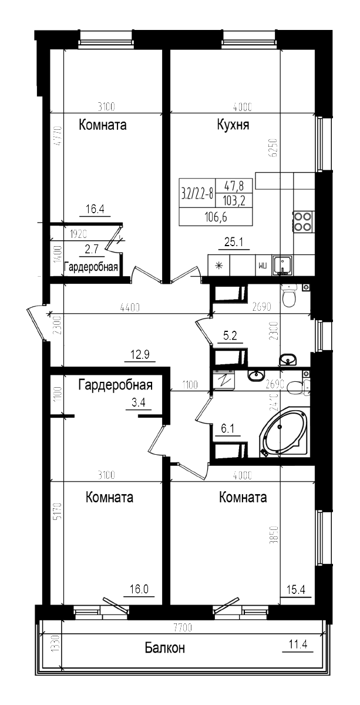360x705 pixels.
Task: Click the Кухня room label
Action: point(233,125)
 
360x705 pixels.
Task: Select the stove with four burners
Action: point(302,221)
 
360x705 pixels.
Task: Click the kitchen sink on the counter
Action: point(285,264)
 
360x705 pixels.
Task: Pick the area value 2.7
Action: point(91,249)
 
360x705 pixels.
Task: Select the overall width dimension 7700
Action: point(183,627)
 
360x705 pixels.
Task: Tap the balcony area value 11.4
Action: point(298,644)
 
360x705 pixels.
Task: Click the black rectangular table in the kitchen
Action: point(216,202)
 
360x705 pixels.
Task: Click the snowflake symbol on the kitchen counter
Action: point(220,265)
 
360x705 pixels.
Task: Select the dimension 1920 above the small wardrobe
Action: point(76,233)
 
